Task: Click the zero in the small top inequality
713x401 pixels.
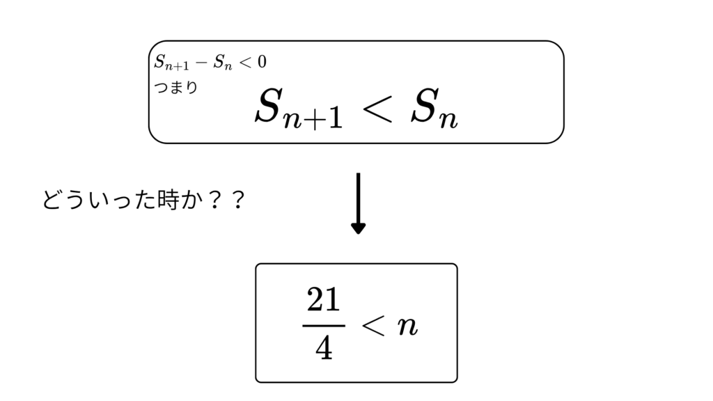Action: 262,61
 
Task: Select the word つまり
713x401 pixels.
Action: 176,87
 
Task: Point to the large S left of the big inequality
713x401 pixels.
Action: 267,106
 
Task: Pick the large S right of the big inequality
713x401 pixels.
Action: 424,106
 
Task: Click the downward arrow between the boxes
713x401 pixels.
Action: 359,203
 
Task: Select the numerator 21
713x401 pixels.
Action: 323,299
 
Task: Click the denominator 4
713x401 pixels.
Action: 324,349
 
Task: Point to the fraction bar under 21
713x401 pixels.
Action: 324,326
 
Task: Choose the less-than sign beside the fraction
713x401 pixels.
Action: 374,326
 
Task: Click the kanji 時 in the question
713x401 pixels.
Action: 168,200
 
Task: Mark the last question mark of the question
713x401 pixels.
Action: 237,200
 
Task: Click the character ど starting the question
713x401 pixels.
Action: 53,200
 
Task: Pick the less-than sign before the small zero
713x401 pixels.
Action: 246,62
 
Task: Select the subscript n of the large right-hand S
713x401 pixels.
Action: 448,119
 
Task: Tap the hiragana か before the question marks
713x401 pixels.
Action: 191,200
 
